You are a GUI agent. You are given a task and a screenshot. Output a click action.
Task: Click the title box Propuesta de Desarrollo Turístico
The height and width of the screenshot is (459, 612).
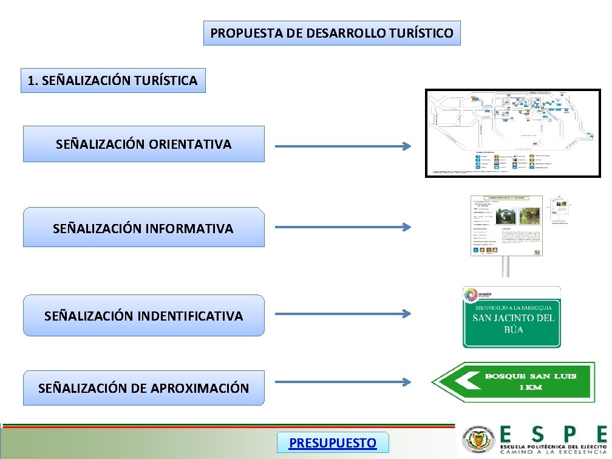coord(331,33)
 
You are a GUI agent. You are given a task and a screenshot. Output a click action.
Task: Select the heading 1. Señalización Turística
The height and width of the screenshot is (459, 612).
coord(113,80)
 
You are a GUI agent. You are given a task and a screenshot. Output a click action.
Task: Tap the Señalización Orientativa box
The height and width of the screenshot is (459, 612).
coord(144,144)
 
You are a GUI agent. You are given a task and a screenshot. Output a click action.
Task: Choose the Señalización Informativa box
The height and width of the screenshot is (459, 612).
coord(144,228)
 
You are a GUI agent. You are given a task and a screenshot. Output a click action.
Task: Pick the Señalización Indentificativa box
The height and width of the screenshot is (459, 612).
coord(144,315)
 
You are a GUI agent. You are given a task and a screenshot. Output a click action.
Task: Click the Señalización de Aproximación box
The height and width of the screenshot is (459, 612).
coord(144,388)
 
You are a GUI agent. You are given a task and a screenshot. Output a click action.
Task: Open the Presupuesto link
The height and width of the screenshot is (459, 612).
coord(332,443)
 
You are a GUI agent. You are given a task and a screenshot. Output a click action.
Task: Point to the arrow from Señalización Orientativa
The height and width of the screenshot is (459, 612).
coord(343,146)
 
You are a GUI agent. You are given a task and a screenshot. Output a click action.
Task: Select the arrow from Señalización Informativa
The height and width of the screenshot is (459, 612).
coord(343,227)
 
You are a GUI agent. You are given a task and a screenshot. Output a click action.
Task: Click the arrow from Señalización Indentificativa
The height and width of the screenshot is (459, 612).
coord(343,314)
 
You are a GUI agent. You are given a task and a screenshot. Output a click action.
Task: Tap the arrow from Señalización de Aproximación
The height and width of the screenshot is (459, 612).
coord(343,382)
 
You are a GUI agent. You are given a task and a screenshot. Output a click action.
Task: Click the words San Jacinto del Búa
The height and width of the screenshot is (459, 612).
coord(514,324)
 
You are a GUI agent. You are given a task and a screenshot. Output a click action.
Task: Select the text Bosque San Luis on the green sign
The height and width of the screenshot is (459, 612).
coord(530,376)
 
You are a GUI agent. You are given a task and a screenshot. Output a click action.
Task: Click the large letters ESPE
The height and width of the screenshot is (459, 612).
coord(552,433)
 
